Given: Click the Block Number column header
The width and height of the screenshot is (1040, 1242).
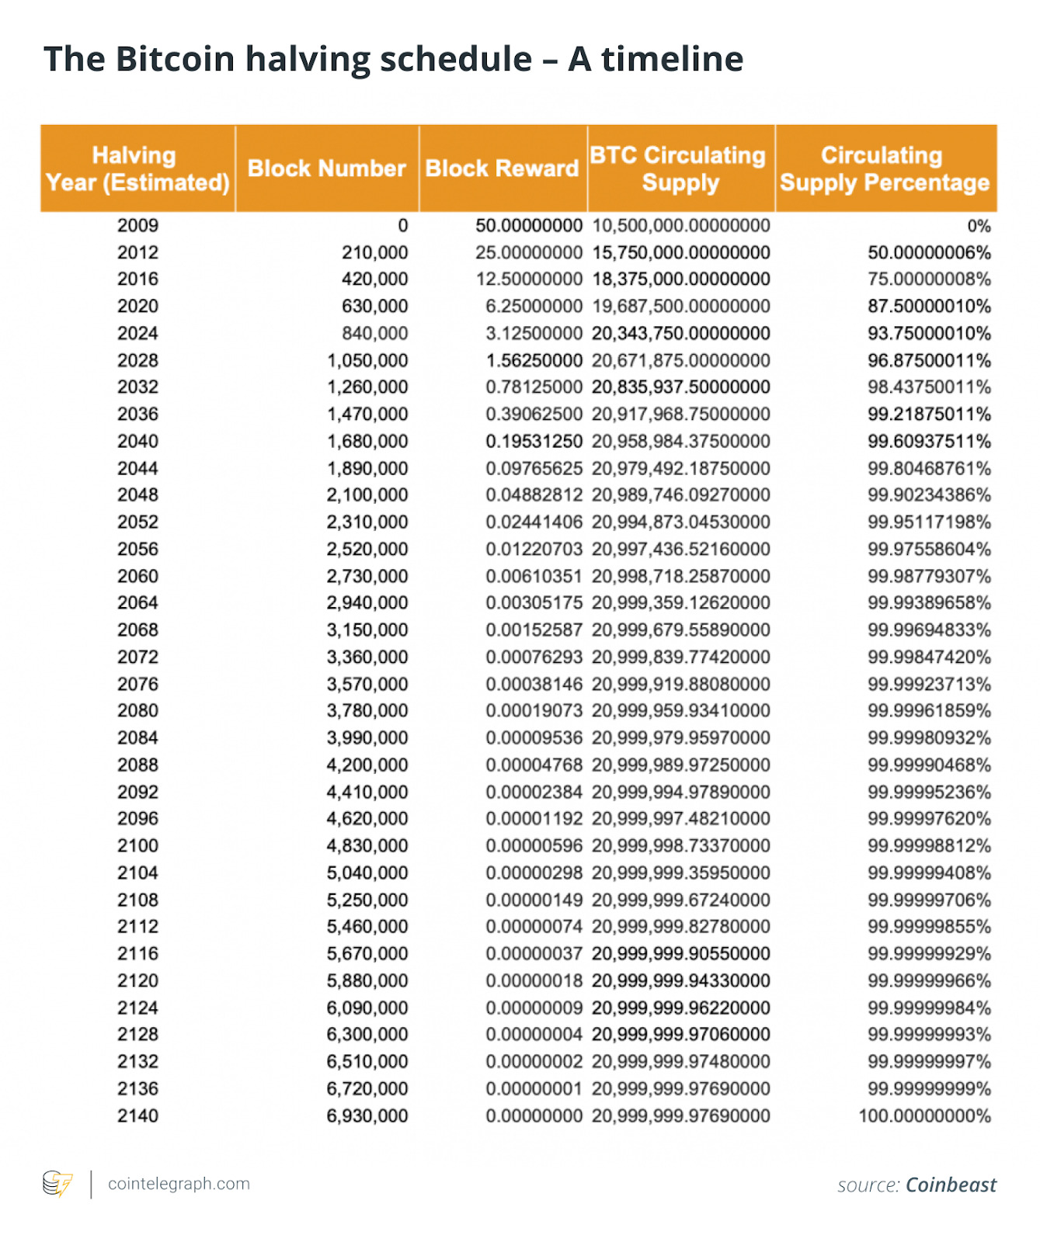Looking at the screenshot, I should click(326, 168).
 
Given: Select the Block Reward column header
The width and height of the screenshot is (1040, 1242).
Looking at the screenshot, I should click(502, 168).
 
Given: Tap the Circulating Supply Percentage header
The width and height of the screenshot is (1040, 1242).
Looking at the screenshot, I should click(885, 168).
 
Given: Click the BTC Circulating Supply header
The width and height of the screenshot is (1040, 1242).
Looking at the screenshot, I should click(680, 168).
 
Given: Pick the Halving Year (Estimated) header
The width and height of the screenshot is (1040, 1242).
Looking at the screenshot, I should click(137, 168).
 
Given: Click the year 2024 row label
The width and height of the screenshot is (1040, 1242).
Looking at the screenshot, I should click(137, 333).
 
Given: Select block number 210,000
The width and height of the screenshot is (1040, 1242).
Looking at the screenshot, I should click(374, 252).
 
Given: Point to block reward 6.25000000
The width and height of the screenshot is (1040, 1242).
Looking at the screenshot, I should click(534, 306).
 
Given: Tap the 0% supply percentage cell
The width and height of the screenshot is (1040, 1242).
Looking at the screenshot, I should click(979, 226).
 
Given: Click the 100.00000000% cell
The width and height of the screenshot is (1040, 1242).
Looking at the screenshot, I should click(924, 1115).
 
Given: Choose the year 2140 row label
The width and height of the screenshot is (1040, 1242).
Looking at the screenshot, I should click(137, 1115).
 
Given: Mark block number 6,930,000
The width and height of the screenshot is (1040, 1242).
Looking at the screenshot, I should click(367, 1115).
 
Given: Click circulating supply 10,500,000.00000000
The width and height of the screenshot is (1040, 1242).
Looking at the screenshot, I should click(681, 226).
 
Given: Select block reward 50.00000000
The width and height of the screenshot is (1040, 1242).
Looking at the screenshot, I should click(529, 226).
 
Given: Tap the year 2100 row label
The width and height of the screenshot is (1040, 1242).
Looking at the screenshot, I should click(137, 845).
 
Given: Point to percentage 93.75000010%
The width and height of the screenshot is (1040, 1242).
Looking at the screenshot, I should click(929, 333).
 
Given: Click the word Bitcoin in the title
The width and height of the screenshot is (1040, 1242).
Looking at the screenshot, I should click(175, 59).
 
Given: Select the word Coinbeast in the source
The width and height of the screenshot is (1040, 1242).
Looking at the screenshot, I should click(951, 1185).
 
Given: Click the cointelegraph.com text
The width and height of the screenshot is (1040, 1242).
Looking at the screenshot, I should click(179, 1184).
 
